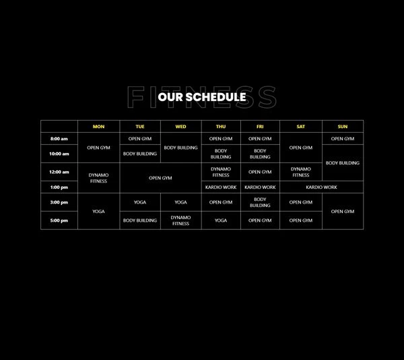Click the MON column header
coord(99,126)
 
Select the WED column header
coord(181,126)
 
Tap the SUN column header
coord(343,126)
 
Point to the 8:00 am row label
coord(59,138)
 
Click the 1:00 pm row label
coord(59,187)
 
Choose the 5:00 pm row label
coord(59,220)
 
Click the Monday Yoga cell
coord(99,211)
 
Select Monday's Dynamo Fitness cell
coord(99,178)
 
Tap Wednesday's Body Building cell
coord(181,148)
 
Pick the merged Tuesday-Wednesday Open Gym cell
coord(160,178)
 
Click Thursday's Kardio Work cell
coord(221,187)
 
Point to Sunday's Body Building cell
coord(343,162)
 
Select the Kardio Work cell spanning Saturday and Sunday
coord(322,187)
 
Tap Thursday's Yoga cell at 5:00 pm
coord(221,220)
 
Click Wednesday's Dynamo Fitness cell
coord(181,220)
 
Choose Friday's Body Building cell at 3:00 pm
coord(260,202)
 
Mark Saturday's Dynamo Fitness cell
coord(301,172)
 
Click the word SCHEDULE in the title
coord(215,97)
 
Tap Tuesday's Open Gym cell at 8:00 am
coord(140,138)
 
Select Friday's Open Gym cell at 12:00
coord(260,172)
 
